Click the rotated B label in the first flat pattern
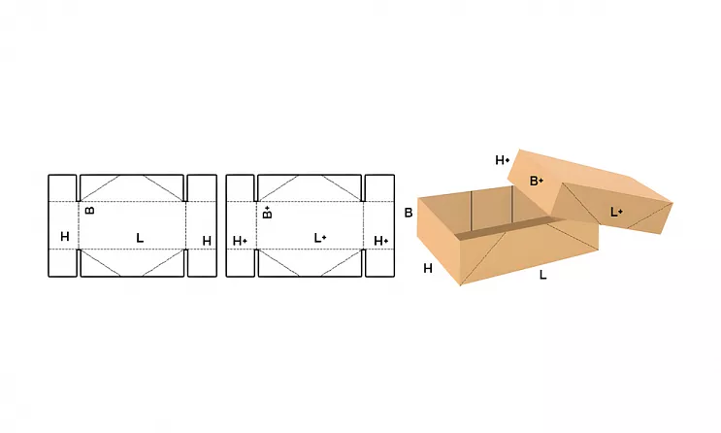[x=90, y=211]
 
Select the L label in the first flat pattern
[x=140, y=238]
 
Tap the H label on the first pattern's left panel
[x=65, y=237]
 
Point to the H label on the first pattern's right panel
[x=207, y=241]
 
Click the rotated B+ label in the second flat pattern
[x=267, y=212]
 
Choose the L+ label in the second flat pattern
[x=320, y=238]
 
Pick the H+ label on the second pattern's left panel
[x=240, y=241]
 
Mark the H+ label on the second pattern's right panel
[x=381, y=241]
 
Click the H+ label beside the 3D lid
[x=503, y=160]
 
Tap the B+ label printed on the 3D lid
[x=537, y=181]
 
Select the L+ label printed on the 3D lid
[x=616, y=212]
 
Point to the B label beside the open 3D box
[x=409, y=213]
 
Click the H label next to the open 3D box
[x=428, y=268]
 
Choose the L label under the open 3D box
[x=543, y=275]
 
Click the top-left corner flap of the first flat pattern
[x=62, y=187]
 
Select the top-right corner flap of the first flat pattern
[x=202, y=187]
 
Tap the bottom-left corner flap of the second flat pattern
[x=240, y=263]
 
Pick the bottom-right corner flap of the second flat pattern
[x=379, y=263]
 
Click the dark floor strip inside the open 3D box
[x=501, y=230]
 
